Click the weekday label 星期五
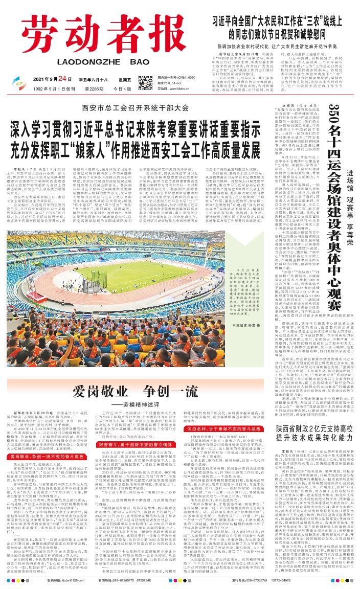123,79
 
